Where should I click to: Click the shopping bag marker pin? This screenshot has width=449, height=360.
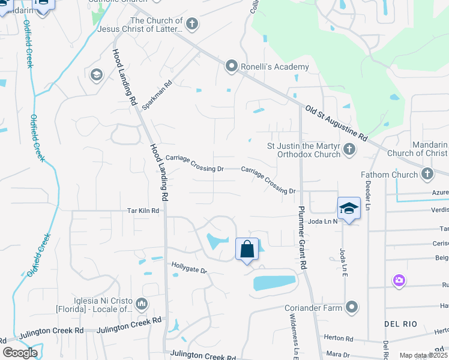[x=247, y=248]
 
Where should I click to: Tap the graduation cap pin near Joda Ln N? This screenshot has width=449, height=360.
[x=349, y=208]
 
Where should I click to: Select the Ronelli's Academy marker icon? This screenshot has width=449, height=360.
[x=232, y=67]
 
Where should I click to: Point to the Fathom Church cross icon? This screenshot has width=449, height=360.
[x=427, y=175]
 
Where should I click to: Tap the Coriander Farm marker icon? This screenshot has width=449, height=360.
[x=352, y=308]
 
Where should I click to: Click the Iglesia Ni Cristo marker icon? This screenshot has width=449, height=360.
[x=142, y=304]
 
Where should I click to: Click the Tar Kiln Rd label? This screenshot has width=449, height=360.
[x=143, y=211]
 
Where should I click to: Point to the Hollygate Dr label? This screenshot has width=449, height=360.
[x=189, y=267]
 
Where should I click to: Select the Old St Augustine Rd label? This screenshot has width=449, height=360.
[x=336, y=124]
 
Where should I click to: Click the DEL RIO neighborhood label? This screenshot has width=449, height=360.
[x=400, y=324]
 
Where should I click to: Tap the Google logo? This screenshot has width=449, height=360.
[x=20, y=353]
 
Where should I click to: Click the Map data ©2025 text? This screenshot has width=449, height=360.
[x=423, y=355]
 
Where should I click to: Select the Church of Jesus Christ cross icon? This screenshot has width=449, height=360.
[x=191, y=25]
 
